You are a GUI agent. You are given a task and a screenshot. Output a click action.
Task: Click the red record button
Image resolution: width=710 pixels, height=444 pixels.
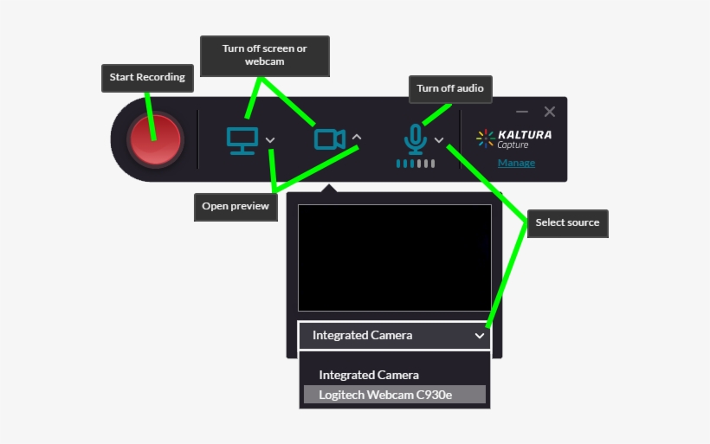[x=154, y=138]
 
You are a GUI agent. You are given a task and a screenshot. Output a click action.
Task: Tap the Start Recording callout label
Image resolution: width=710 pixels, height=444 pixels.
[x=147, y=77]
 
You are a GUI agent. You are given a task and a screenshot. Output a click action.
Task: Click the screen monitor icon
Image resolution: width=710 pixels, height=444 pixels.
[x=242, y=139]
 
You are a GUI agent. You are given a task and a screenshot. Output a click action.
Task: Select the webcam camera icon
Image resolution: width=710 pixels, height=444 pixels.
[x=329, y=138]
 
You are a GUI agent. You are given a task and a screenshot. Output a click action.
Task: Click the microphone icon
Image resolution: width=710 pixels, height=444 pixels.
[x=416, y=138]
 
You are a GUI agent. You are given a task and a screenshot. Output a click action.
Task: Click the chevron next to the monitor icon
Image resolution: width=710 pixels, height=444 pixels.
[x=271, y=140]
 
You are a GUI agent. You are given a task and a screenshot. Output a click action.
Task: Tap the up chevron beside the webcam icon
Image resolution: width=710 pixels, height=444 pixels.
[x=358, y=138]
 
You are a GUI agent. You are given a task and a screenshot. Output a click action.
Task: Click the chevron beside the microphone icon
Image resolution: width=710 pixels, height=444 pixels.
[x=439, y=140]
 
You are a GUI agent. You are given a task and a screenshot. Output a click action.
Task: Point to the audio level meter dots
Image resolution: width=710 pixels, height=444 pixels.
[x=416, y=163]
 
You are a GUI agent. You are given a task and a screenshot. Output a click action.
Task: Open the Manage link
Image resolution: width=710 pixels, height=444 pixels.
[x=516, y=163]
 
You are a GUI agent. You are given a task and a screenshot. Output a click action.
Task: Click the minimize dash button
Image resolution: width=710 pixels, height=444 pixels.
[x=521, y=112]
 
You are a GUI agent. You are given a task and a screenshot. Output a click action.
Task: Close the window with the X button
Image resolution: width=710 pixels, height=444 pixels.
[x=550, y=112]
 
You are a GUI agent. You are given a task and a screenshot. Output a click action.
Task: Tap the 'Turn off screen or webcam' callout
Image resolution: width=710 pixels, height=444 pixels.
[x=264, y=55]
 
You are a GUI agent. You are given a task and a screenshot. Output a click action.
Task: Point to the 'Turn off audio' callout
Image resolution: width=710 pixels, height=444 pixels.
[x=449, y=88]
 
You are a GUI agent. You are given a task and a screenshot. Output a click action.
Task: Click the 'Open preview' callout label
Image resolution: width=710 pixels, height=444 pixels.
[x=236, y=206]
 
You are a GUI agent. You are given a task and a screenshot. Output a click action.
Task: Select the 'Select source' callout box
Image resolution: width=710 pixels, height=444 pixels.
[x=567, y=222]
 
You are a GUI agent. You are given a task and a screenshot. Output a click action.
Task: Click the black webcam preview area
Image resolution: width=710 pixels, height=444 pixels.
[x=394, y=257]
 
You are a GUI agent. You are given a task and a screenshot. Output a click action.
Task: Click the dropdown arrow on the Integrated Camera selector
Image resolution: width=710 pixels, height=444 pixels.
[x=480, y=336]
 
